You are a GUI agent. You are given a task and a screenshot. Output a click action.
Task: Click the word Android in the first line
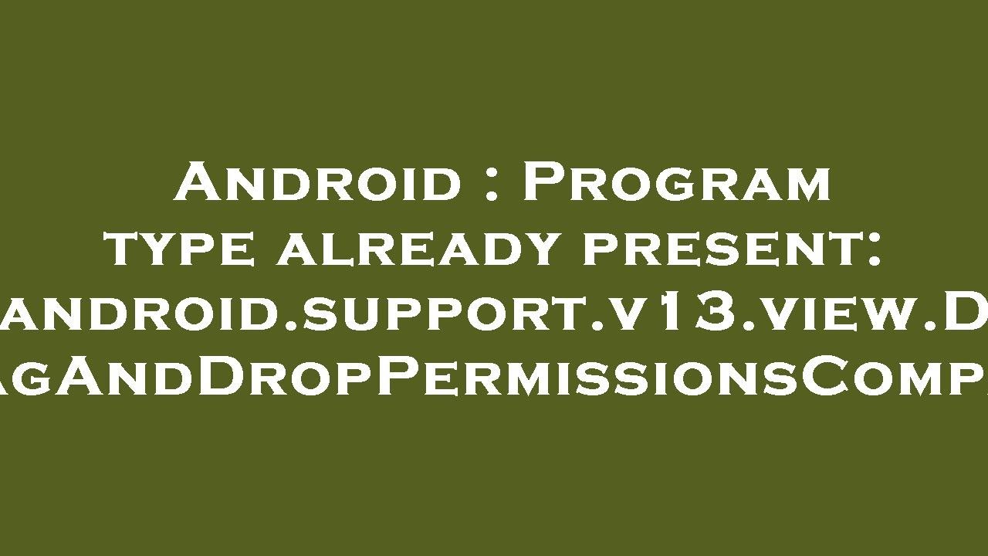[316, 182]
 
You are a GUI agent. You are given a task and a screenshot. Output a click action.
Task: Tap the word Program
[677, 182]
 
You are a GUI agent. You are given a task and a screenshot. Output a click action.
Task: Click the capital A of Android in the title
[195, 182]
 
